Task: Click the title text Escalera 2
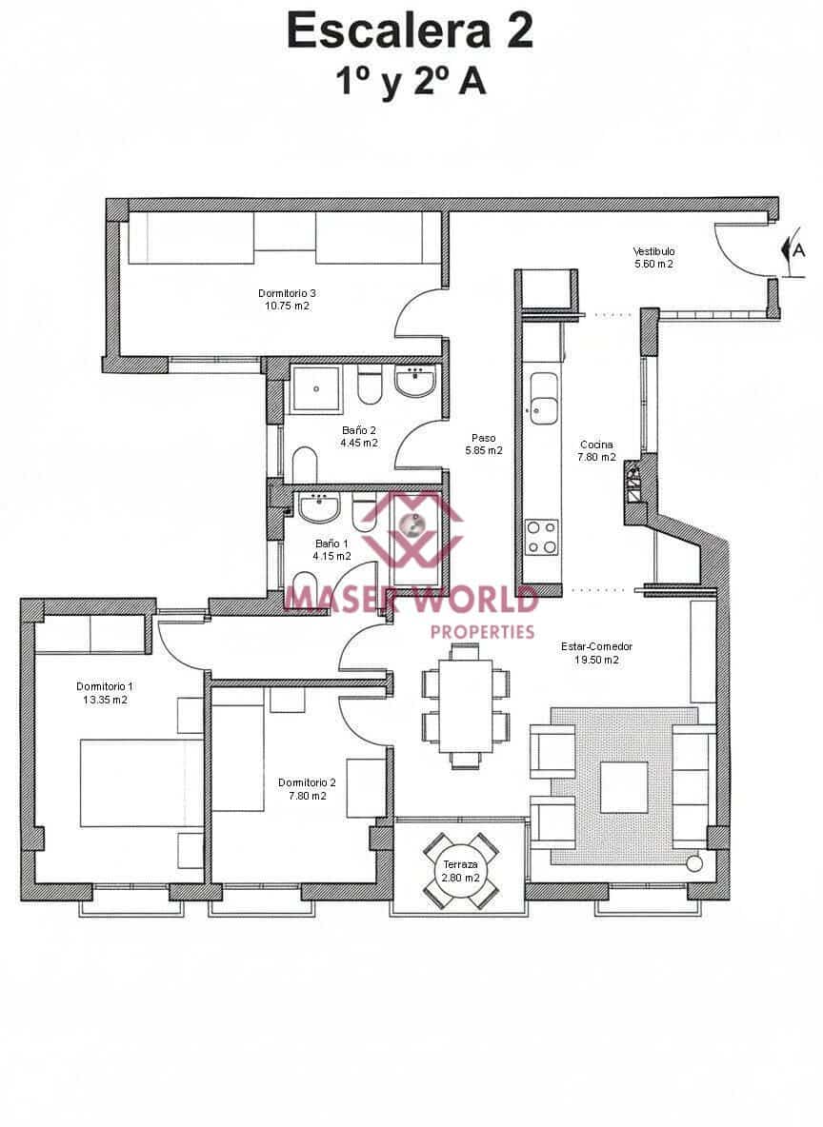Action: coord(410,30)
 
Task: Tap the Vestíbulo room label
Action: coord(653,251)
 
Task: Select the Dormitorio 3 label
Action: coord(287,292)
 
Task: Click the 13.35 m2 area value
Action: coord(105,700)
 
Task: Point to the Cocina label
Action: coord(596,445)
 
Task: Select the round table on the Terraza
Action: coord(460,870)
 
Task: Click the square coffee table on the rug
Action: coord(624,786)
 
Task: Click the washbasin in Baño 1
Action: coord(318,509)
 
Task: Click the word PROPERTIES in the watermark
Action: coord(482,631)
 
